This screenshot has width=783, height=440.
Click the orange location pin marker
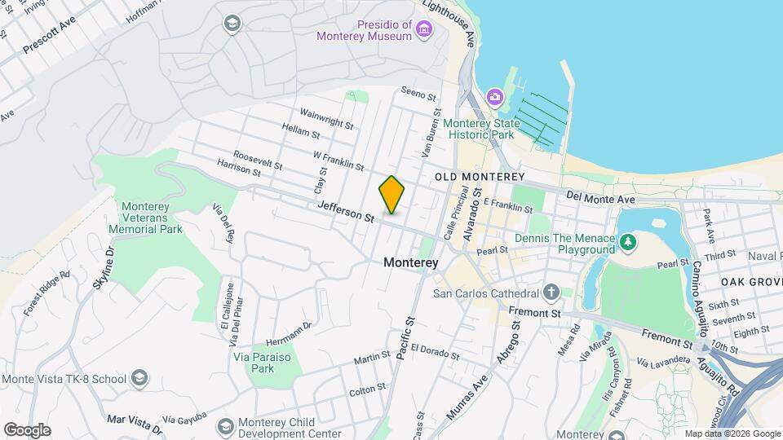(x=391, y=194)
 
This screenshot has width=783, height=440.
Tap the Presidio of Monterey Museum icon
(x=423, y=31)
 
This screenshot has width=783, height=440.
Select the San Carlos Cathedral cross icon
(x=551, y=292)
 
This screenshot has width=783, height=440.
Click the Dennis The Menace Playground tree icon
(x=627, y=242)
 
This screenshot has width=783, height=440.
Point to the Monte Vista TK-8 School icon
(x=139, y=378)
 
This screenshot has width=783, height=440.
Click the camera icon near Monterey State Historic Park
(x=494, y=98)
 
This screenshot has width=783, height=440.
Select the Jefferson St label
(x=347, y=213)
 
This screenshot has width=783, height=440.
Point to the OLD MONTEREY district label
(x=479, y=177)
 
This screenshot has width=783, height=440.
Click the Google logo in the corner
(x=27, y=429)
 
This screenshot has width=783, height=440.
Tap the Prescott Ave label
(x=49, y=34)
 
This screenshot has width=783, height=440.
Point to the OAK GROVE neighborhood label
(x=751, y=281)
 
